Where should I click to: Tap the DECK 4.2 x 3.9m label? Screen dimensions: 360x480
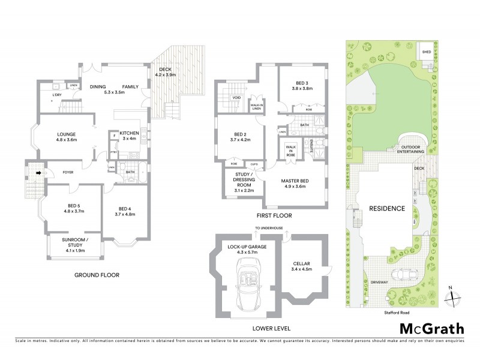165,72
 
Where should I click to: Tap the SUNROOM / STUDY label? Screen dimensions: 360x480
75,243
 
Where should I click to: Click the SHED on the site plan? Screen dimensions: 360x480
427,52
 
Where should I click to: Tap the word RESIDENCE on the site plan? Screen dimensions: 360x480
387,208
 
